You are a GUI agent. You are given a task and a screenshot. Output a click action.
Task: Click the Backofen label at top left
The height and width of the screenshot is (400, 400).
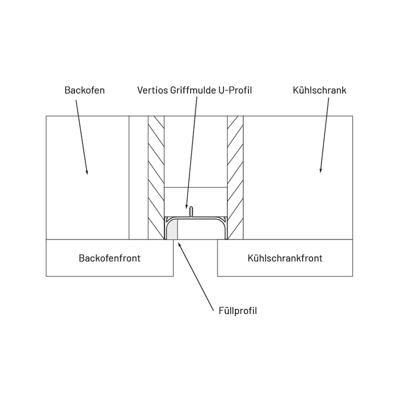click(84, 90)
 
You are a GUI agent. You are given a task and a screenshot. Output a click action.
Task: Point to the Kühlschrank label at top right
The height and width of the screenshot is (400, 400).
click(319, 90)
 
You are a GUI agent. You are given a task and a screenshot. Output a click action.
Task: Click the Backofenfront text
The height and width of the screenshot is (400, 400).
click(109, 258)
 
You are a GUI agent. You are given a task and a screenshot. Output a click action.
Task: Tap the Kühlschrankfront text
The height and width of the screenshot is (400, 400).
click(285, 258)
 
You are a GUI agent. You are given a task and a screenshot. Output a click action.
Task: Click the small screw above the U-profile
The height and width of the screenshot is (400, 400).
click(192, 211)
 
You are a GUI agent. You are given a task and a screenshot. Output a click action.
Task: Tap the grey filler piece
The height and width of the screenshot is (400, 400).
click(172, 230)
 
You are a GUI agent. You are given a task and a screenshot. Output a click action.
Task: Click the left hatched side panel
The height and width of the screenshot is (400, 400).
click(156, 177)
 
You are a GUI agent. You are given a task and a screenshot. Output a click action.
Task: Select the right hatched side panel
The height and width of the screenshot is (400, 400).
click(235, 177)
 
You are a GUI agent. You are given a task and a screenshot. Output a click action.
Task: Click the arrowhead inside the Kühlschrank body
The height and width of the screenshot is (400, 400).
click(320, 170)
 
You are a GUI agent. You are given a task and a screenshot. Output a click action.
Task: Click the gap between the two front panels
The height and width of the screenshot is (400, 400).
click(195, 258)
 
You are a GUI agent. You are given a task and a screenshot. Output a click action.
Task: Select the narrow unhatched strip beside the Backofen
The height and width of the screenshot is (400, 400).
click(139, 177)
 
